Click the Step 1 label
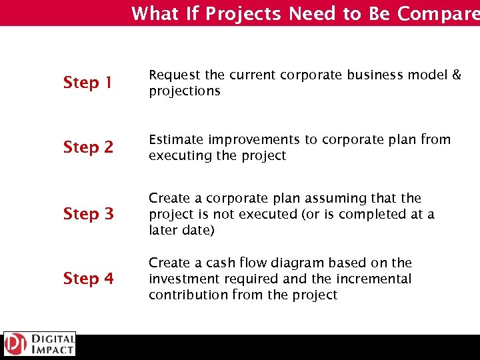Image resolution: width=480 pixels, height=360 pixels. [x=88, y=83]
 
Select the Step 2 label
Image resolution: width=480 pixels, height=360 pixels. [x=88, y=147]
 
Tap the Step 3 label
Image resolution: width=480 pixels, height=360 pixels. [x=88, y=214]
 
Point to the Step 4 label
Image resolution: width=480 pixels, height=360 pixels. [x=88, y=279]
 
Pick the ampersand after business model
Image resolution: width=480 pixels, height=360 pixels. [x=456, y=75]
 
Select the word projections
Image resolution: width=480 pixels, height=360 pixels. [x=184, y=91]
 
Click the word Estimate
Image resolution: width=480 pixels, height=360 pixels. [x=176, y=139]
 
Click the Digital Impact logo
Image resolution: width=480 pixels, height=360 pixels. [x=39, y=344]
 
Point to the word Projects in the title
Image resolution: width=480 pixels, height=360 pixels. [x=243, y=13]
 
